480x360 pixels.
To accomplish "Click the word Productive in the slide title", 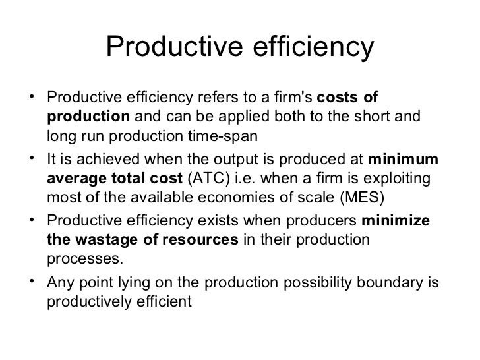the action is click(x=175, y=46).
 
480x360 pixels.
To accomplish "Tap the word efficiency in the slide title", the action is click(x=313, y=47).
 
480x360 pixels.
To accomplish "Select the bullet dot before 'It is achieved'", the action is click(x=32, y=158).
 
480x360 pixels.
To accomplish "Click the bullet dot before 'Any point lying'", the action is click(x=32, y=280).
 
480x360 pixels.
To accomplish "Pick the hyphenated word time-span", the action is click(x=223, y=136).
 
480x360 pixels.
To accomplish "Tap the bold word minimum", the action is click(x=403, y=159).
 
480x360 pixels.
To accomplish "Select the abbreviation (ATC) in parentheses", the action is click(x=208, y=178).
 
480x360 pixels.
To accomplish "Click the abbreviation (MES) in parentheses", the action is click(x=362, y=197).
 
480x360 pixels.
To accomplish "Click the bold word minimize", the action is click(x=396, y=220).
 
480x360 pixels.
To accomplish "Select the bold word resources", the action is click(x=200, y=240).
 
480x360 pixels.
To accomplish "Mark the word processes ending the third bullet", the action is click(x=85, y=259).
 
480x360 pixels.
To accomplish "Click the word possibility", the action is click(x=317, y=283).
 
